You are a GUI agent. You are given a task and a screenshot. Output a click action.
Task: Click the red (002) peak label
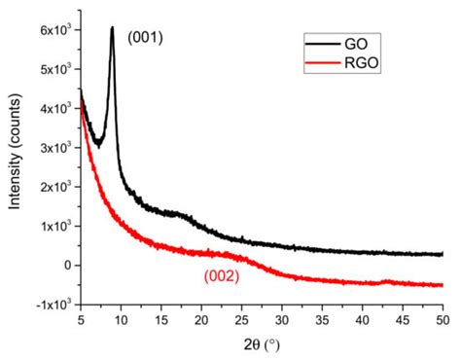[222, 275]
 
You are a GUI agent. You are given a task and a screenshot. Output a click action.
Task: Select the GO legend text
[357, 44]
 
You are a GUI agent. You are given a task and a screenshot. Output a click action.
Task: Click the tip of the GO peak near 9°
[112, 27]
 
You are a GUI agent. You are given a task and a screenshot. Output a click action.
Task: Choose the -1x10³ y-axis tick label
[50, 304]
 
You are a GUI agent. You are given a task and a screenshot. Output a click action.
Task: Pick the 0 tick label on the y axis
[64, 265]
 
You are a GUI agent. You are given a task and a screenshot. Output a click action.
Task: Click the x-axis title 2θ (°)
[260, 345]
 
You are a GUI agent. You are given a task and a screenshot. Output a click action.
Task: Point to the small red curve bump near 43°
[388, 281]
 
